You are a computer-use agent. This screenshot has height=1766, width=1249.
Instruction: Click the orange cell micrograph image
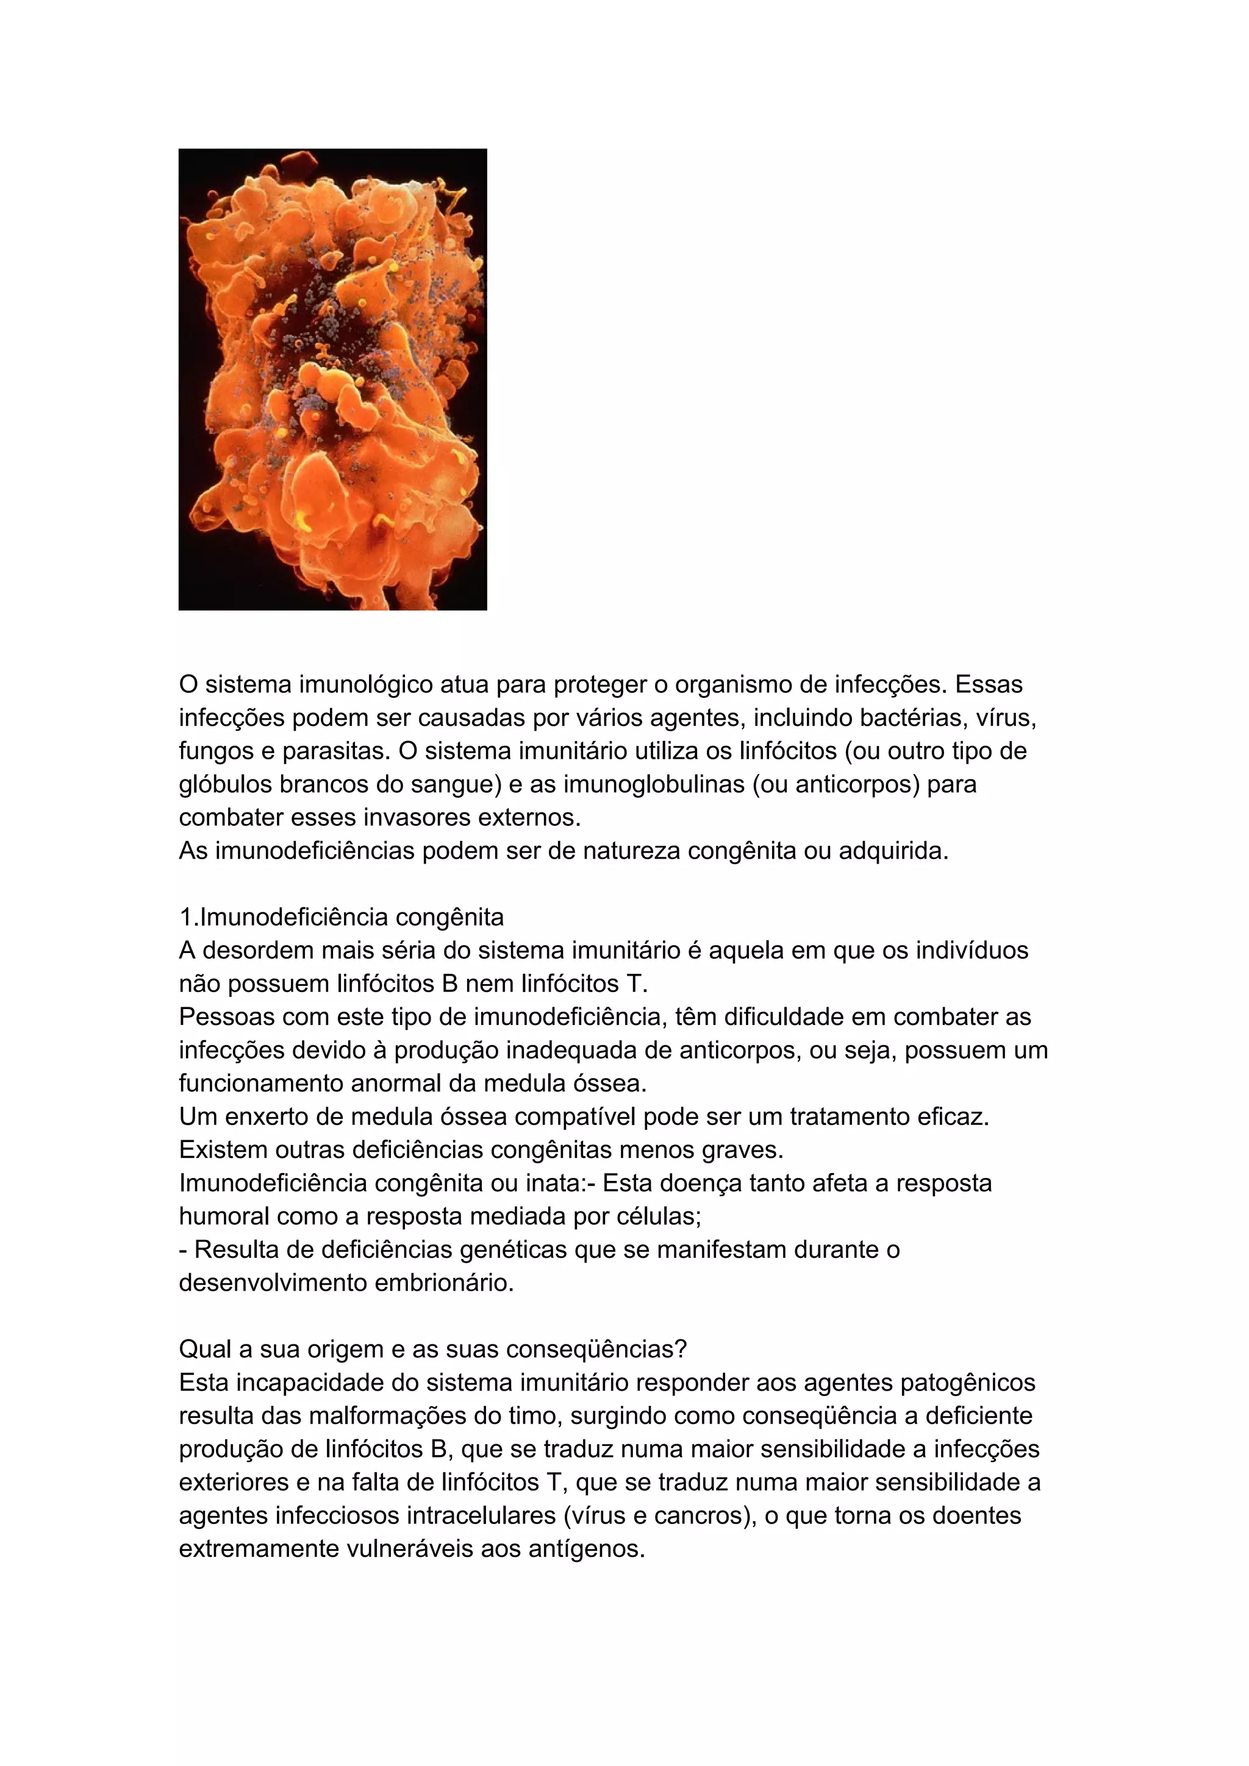click(332, 379)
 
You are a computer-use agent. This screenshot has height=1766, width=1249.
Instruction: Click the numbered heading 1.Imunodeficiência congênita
click(342, 917)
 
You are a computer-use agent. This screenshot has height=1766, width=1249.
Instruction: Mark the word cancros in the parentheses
click(700, 1516)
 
